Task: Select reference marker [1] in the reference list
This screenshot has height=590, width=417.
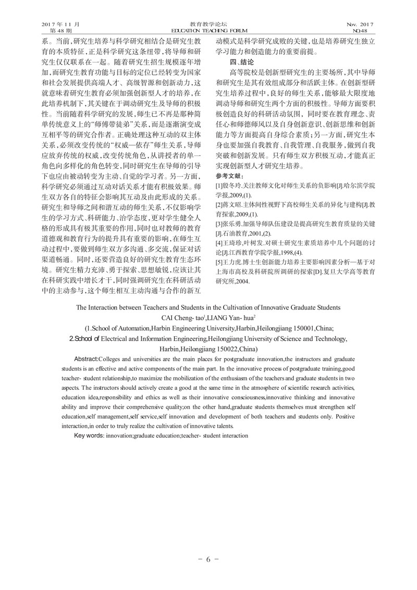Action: coord(219,186)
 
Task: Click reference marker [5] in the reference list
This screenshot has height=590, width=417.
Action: coord(219,262)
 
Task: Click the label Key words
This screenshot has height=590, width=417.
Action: coord(89,435)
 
